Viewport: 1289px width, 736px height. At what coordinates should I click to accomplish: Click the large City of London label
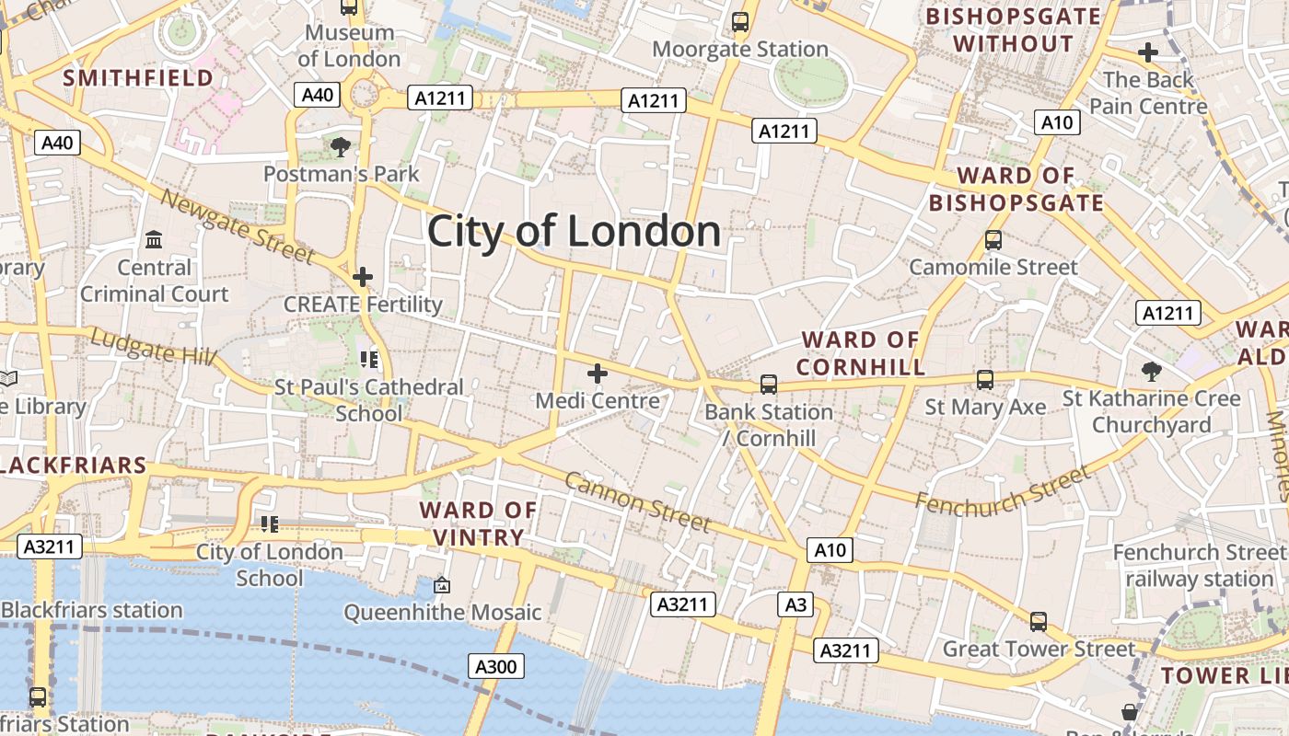click(x=574, y=231)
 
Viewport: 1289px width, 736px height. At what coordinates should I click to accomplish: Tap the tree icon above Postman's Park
click(x=341, y=146)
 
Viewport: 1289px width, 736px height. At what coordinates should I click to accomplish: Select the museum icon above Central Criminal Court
click(x=154, y=240)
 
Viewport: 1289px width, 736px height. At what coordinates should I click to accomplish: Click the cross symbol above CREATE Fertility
click(x=363, y=276)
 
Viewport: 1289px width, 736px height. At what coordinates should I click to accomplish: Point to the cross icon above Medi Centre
click(x=598, y=374)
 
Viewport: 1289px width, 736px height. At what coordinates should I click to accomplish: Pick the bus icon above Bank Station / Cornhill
click(x=768, y=384)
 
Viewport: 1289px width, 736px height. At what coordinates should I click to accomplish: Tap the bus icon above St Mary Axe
click(x=985, y=379)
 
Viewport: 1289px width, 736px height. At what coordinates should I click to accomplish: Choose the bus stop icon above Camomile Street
click(x=993, y=240)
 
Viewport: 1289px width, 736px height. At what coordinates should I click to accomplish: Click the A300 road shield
click(x=496, y=666)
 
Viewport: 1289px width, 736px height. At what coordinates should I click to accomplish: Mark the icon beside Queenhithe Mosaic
click(x=442, y=585)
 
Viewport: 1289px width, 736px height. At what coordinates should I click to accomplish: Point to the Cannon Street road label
click(x=637, y=501)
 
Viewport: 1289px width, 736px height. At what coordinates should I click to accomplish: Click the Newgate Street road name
click(x=238, y=225)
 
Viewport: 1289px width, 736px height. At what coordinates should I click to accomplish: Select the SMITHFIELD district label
click(x=138, y=78)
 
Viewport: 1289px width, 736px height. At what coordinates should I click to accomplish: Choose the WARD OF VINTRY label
click(x=478, y=523)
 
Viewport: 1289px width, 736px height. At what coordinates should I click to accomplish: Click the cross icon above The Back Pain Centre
click(x=1147, y=53)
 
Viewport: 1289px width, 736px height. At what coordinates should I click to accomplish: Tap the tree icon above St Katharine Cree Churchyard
click(x=1151, y=372)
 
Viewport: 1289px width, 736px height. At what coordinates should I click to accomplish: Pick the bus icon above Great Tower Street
click(x=1039, y=622)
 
